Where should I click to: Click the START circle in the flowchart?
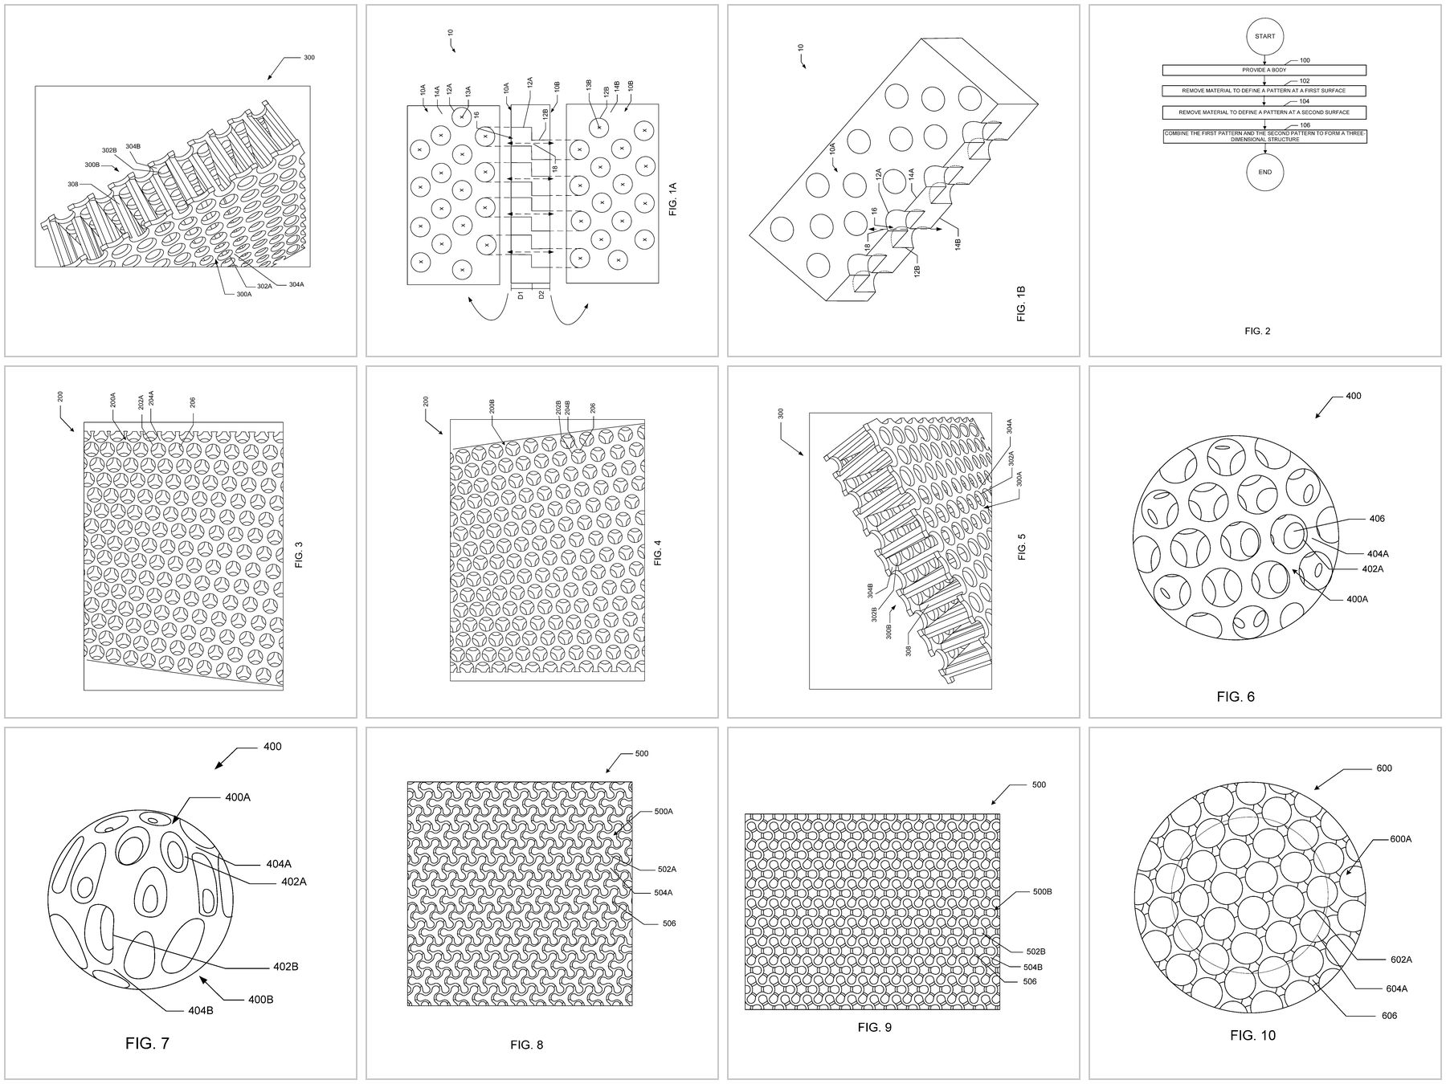pos(1264,36)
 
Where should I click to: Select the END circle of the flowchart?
pos(1264,172)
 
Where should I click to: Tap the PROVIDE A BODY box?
pos(1264,70)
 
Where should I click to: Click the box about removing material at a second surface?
pos(1264,112)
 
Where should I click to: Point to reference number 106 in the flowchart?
pos(1305,125)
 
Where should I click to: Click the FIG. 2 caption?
pos(1257,331)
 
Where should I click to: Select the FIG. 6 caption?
pos(1235,697)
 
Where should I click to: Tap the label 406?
pos(1378,519)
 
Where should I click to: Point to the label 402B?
pos(285,967)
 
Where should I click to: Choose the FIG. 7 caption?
pos(147,1044)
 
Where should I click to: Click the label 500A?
pos(664,812)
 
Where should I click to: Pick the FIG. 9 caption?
pos(874,1027)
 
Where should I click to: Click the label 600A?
pos(1401,839)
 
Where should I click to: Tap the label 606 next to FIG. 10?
pos(1389,1016)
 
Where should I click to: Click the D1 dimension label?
pos(521,295)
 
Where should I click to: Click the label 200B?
pos(492,406)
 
